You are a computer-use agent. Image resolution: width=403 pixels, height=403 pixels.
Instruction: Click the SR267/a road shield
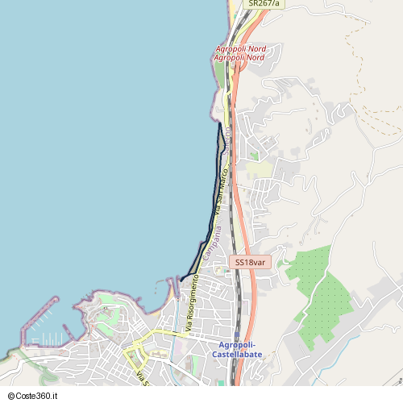[x=264, y=3]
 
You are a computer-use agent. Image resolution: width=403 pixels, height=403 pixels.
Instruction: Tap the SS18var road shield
[x=251, y=262]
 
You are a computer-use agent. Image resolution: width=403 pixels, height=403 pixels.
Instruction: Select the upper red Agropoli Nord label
[x=240, y=49]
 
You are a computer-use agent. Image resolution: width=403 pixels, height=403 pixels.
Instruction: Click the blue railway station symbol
[x=236, y=336]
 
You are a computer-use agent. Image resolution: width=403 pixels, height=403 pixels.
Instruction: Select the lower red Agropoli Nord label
[x=240, y=58]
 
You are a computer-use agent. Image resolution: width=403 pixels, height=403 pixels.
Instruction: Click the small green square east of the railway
[x=254, y=156]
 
